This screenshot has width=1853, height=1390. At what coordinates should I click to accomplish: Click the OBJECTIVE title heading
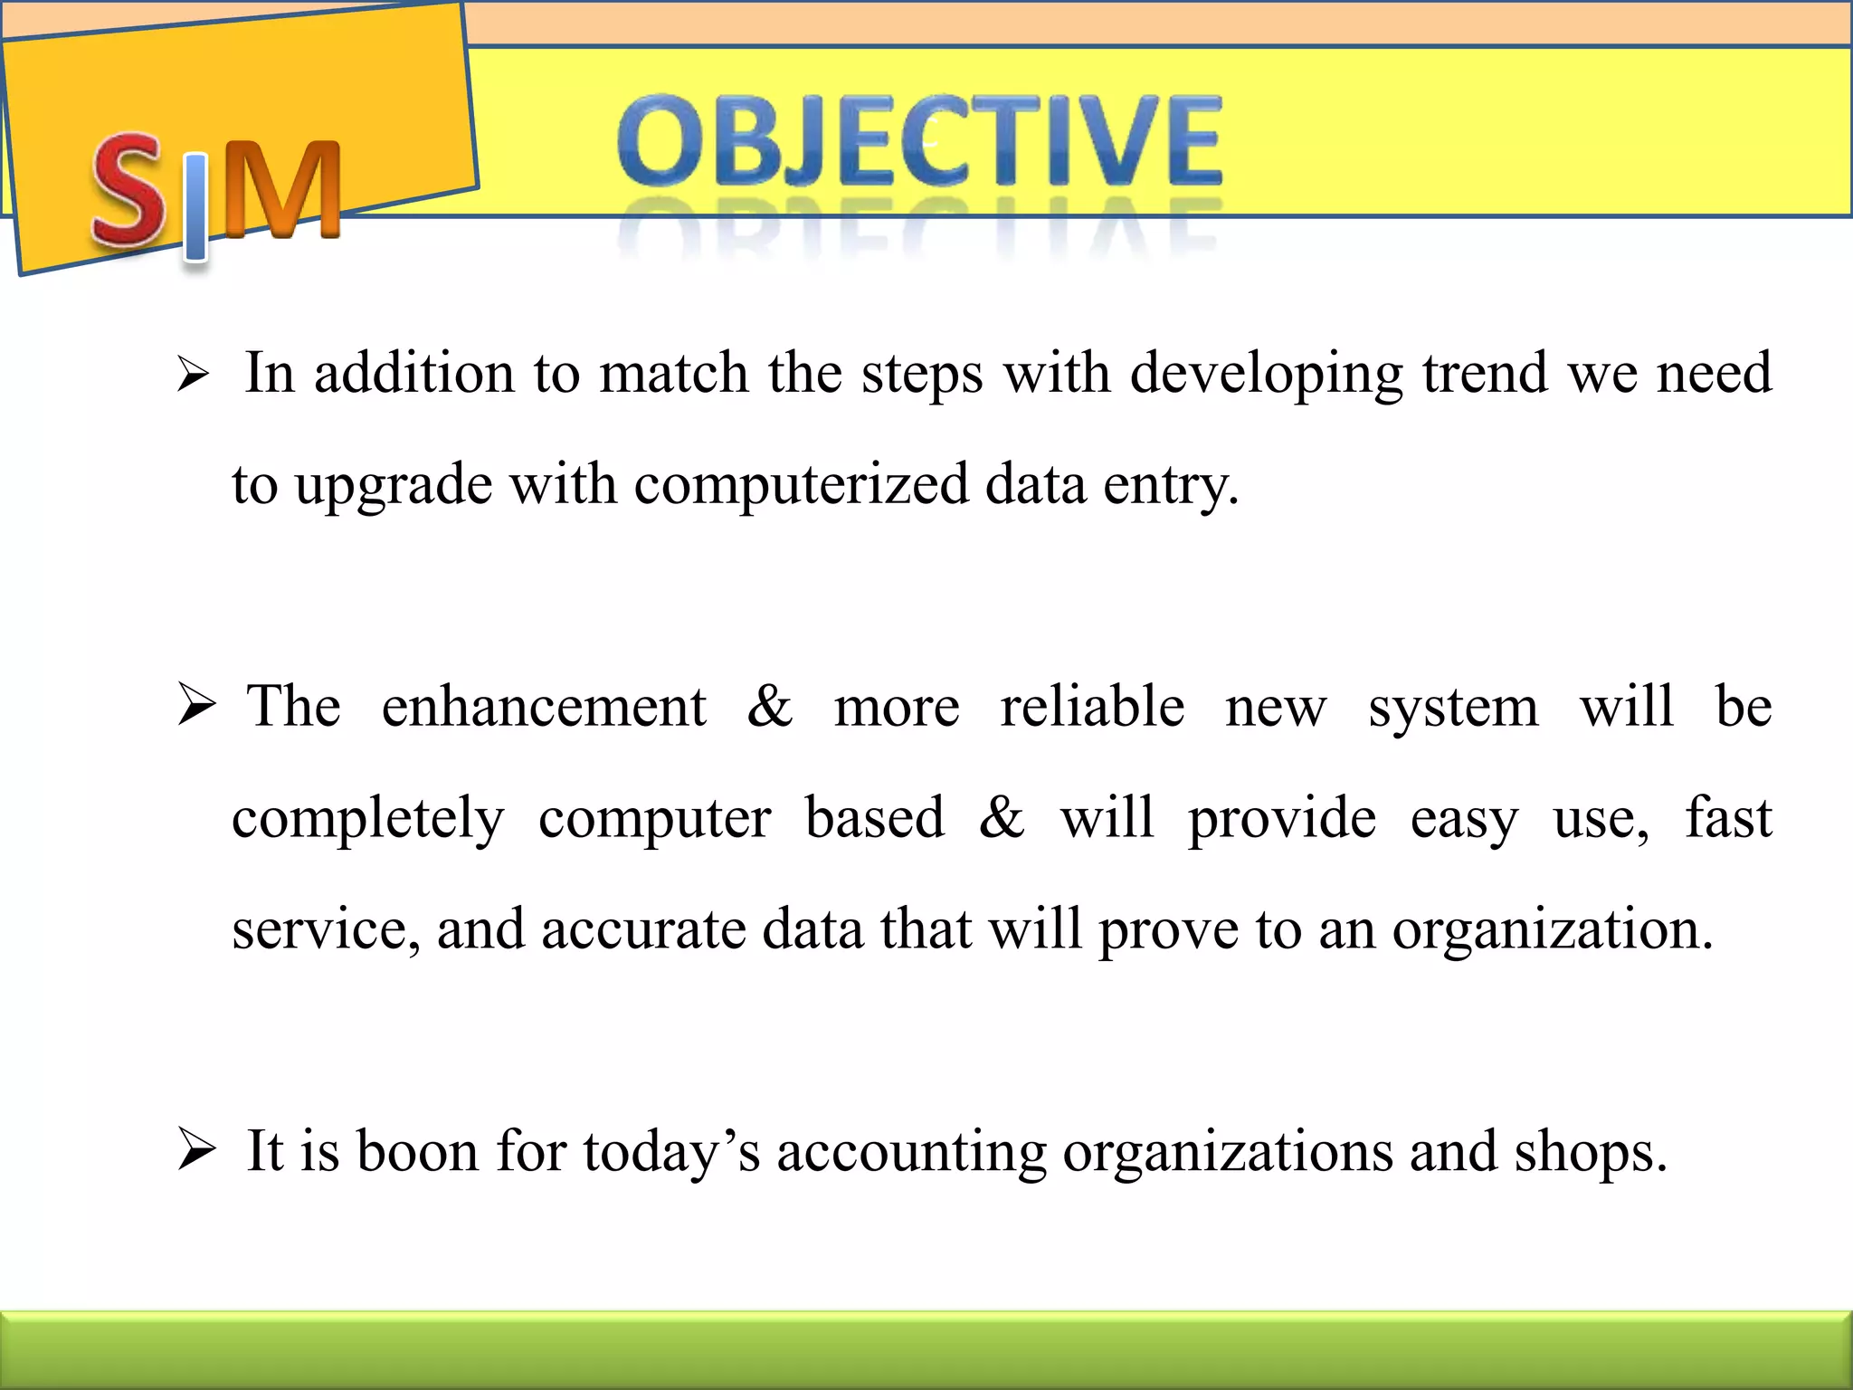pos(919,143)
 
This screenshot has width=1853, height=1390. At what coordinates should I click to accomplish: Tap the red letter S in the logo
pos(129,190)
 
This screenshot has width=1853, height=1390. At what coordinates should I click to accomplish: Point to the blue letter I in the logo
pos(195,206)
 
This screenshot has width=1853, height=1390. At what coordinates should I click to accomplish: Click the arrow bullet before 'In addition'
pos(193,375)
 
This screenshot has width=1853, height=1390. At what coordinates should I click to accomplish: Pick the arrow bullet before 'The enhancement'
pos(195,705)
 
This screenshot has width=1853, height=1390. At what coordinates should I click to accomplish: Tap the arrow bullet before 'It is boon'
pos(195,1150)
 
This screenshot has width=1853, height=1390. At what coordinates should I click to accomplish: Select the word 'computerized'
pos(800,485)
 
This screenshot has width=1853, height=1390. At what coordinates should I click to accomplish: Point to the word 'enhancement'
pos(543,707)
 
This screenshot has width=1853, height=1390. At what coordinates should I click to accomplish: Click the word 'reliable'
pos(1092,707)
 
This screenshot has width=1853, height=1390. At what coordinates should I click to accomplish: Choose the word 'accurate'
pos(643,929)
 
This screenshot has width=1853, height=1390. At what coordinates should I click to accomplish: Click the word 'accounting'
pos(911,1154)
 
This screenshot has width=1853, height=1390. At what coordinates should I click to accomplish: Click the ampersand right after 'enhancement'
pos(770,707)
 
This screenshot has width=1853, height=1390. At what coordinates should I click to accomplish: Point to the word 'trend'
pos(1484,373)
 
